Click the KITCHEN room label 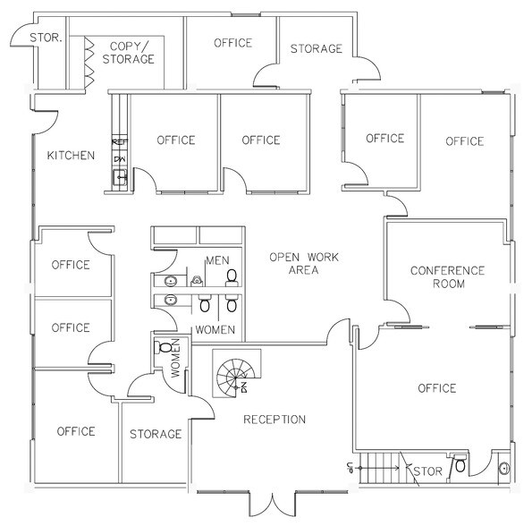click(71, 156)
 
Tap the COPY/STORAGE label click(128, 53)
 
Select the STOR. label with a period click(45, 38)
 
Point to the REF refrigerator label click(119, 142)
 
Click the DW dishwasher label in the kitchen click(119, 159)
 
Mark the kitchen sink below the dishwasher click(120, 178)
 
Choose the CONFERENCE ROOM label click(447, 277)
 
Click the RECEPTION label click(274, 420)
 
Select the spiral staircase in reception click(236, 374)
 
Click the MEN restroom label click(217, 259)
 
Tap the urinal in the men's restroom click(195, 279)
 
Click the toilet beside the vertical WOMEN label click(165, 347)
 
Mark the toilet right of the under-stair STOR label click(459, 466)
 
